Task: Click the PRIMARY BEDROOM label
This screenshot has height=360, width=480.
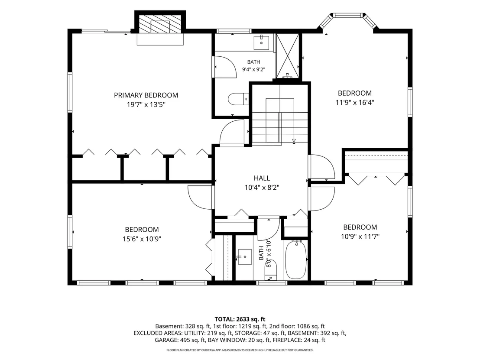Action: tap(146, 95)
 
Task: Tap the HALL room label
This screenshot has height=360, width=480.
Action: tap(262, 178)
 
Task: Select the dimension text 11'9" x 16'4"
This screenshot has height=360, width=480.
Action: tap(355, 102)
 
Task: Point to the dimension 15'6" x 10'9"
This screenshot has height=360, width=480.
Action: tap(142, 239)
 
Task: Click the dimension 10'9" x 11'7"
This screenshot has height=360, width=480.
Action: tap(360, 237)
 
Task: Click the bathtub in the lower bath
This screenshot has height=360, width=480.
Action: tap(296, 259)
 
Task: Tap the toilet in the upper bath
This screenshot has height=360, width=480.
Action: tap(238, 99)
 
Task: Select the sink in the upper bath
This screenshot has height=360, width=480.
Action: tap(261, 42)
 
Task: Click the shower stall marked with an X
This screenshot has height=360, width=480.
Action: tap(288, 56)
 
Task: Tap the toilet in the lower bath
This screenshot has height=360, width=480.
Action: tap(271, 270)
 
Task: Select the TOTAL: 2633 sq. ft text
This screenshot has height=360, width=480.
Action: tap(240, 319)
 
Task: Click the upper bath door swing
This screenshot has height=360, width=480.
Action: tap(225, 67)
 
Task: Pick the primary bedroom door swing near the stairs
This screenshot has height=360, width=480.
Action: tap(232, 131)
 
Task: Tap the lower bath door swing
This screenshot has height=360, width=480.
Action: tap(269, 229)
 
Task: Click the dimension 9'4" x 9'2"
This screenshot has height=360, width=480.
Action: tap(254, 69)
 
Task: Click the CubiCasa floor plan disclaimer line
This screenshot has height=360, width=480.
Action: tap(240, 350)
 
